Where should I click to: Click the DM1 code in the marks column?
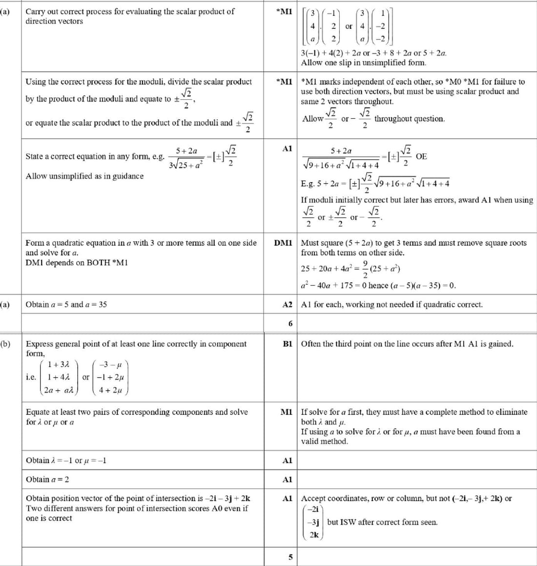point(283,243)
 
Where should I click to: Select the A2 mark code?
point(287,304)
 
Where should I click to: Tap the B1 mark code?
point(287,344)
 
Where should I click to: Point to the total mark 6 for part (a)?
point(290,323)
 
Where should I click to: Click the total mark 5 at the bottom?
point(290,557)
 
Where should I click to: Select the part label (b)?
point(5,344)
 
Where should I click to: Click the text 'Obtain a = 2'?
point(47,479)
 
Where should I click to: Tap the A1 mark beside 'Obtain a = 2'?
point(287,479)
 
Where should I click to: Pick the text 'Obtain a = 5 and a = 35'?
point(66,304)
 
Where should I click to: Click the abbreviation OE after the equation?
point(421,156)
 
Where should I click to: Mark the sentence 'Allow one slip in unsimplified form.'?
point(363,63)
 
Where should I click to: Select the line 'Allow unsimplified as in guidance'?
point(84,176)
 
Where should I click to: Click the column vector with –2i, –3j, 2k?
point(313,522)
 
